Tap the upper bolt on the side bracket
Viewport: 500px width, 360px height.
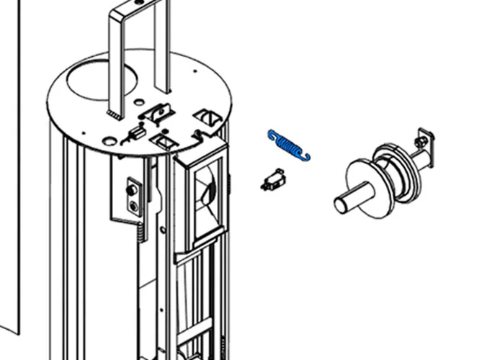pyautogui.click(x=133, y=190)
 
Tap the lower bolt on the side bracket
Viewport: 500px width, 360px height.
pyautogui.click(x=133, y=207)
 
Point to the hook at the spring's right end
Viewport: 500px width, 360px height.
pyautogui.click(x=307, y=156)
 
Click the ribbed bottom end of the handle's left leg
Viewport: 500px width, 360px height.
pyautogui.click(x=113, y=114)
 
